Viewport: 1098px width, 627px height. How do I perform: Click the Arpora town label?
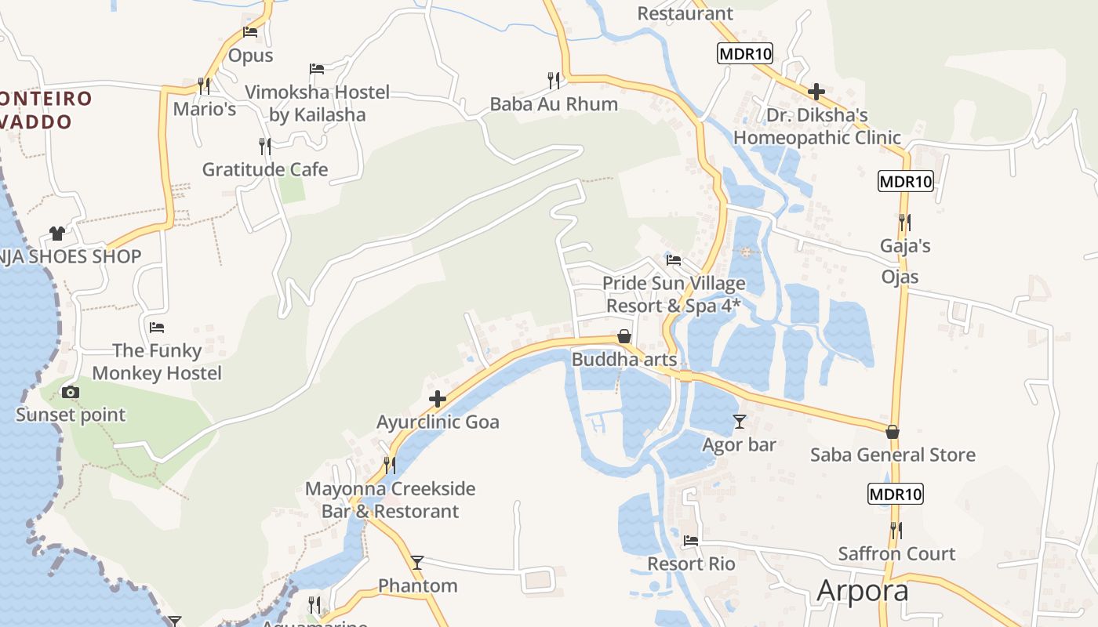coord(862,590)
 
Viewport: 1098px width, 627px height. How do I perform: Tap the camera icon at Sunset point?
coord(71,392)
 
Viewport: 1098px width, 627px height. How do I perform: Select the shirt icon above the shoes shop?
coord(56,233)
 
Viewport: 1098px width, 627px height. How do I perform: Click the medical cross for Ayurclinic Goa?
coord(438,400)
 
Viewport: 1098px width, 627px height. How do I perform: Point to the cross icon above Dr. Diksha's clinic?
coord(816,92)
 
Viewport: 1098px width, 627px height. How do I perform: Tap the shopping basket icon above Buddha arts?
coord(624,336)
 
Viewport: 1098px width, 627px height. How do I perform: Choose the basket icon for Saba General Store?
coord(892,432)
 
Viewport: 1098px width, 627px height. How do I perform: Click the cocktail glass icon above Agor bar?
coord(740,422)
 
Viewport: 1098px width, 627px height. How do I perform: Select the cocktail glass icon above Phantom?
coord(417,563)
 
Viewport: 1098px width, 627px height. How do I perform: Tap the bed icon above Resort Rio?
coord(691,541)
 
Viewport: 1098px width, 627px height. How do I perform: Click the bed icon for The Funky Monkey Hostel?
coord(157,327)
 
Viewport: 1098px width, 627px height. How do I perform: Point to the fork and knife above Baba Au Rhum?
coord(554,80)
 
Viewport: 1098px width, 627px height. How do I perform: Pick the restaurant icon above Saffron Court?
coord(896,531)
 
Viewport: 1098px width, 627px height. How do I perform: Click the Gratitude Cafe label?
coord(265,169)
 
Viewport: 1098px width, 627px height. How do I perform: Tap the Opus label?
coord(251,56)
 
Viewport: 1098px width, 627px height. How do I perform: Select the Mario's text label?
coord(205,109)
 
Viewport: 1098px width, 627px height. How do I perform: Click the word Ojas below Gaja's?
coord(900,277)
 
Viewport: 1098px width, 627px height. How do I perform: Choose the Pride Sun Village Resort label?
coord(674,294)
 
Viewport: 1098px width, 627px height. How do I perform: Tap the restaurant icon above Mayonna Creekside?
coord(388,465)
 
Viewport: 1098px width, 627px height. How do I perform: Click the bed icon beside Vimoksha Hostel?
coord(317,69)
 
